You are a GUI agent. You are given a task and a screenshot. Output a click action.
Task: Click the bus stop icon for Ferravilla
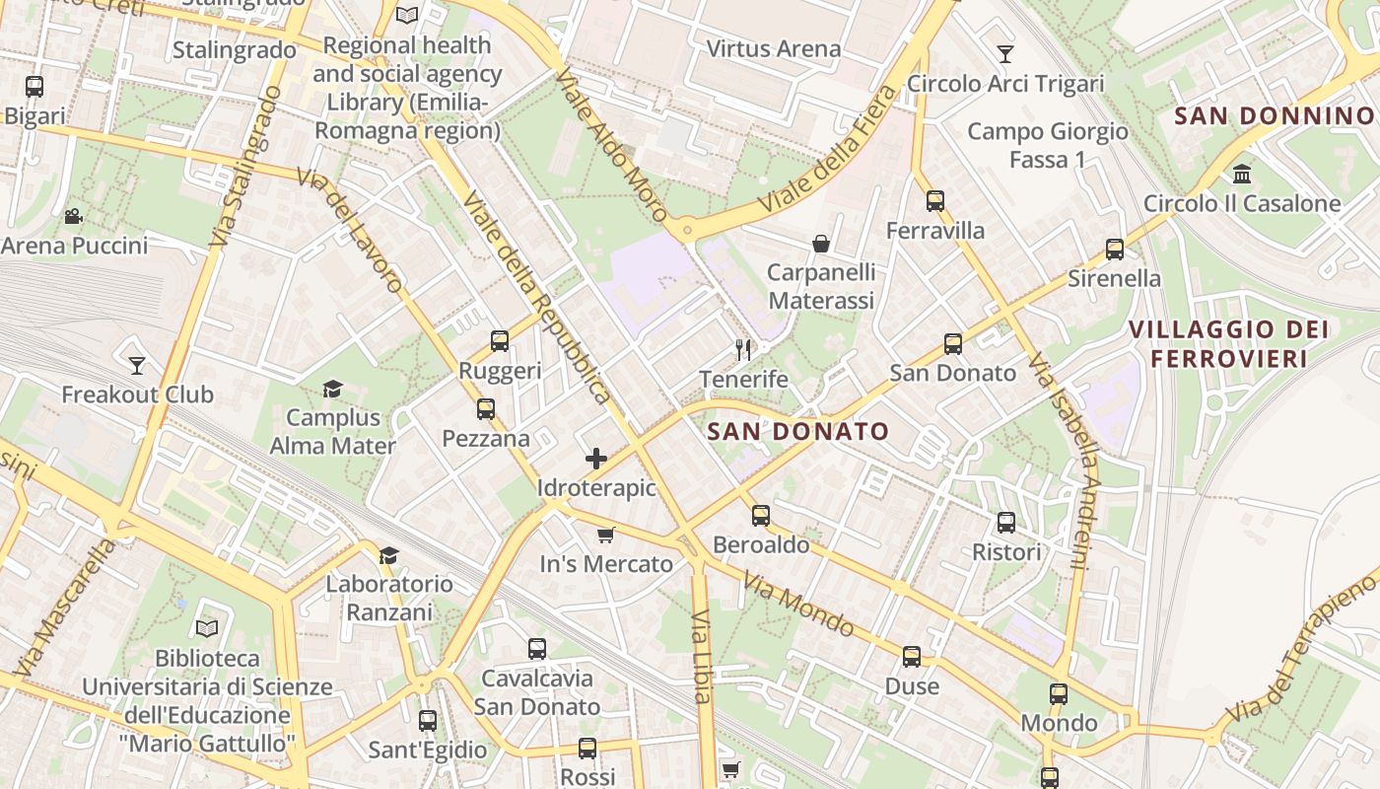point(934,202)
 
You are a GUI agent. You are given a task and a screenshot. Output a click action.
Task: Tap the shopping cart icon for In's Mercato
point(605,536)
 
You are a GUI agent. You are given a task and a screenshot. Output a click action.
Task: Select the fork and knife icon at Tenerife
point(743,350)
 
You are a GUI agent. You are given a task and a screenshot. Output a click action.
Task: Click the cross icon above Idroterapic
point(596,459)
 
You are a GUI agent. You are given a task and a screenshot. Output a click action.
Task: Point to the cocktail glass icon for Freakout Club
point(137,366)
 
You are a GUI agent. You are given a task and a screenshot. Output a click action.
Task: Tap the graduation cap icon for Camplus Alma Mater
point(332,390)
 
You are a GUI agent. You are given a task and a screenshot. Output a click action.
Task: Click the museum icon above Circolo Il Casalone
point(1242,175)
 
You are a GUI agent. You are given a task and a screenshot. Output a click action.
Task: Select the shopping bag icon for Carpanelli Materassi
point(820,244)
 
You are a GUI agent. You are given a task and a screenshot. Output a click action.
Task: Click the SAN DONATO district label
point(798,431)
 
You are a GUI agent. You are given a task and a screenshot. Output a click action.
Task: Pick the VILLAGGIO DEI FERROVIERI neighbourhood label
point(1228,343)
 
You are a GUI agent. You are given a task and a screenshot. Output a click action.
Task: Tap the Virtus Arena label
point(774,48)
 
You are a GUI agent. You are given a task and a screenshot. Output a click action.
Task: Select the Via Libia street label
point(701,656)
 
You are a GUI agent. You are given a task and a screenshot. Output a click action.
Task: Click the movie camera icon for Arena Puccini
point(73,217)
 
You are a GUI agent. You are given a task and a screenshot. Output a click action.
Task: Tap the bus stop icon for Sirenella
point(1115,250)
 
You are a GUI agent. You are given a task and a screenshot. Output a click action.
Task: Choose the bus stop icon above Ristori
point(1006,523)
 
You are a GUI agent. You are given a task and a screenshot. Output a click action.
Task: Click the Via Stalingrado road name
point(240,168)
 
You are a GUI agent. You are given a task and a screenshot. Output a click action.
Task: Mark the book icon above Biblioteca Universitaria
point(207,628)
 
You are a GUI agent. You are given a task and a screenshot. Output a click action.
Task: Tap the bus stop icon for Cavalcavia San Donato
point(537,649)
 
